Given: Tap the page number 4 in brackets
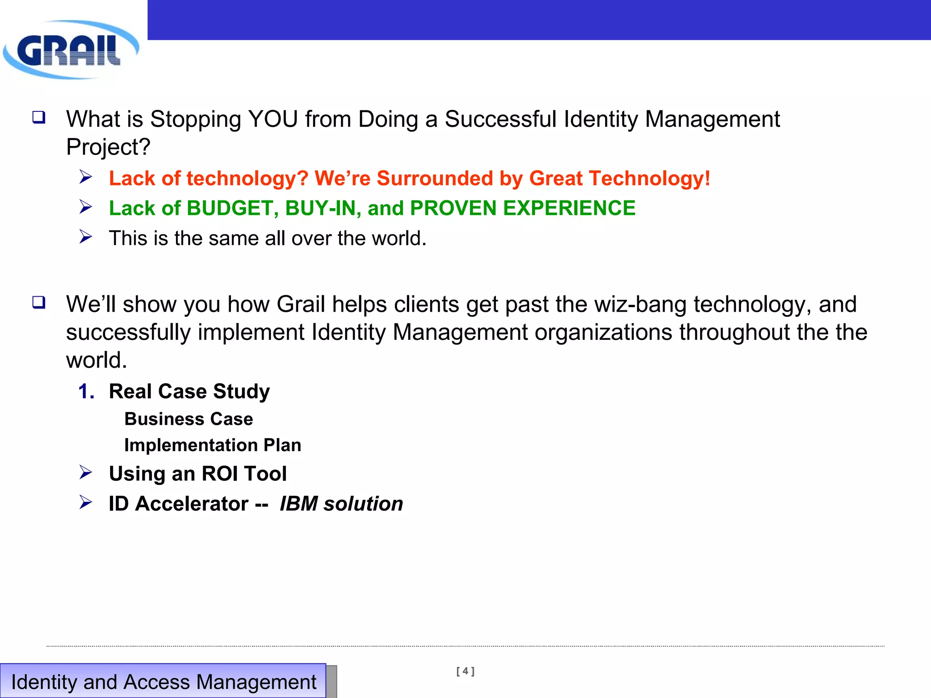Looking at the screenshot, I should point(465,671).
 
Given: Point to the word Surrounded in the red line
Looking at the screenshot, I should point(435,179).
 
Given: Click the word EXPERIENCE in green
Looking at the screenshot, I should point(569,209).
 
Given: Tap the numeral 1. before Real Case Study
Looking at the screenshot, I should point(86,392).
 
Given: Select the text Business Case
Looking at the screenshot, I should point(189,419).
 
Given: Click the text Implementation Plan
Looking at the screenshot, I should point(213,445).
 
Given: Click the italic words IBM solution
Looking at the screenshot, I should point(341,504).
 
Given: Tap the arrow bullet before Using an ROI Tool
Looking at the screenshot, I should point(85,473).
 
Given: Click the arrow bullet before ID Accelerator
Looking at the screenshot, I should point(85,503).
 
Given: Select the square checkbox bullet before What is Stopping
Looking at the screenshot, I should point(39,117).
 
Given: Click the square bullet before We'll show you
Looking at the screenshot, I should point(39,302).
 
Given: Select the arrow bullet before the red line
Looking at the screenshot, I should point(85,177).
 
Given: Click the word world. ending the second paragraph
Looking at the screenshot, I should point(96,360).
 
